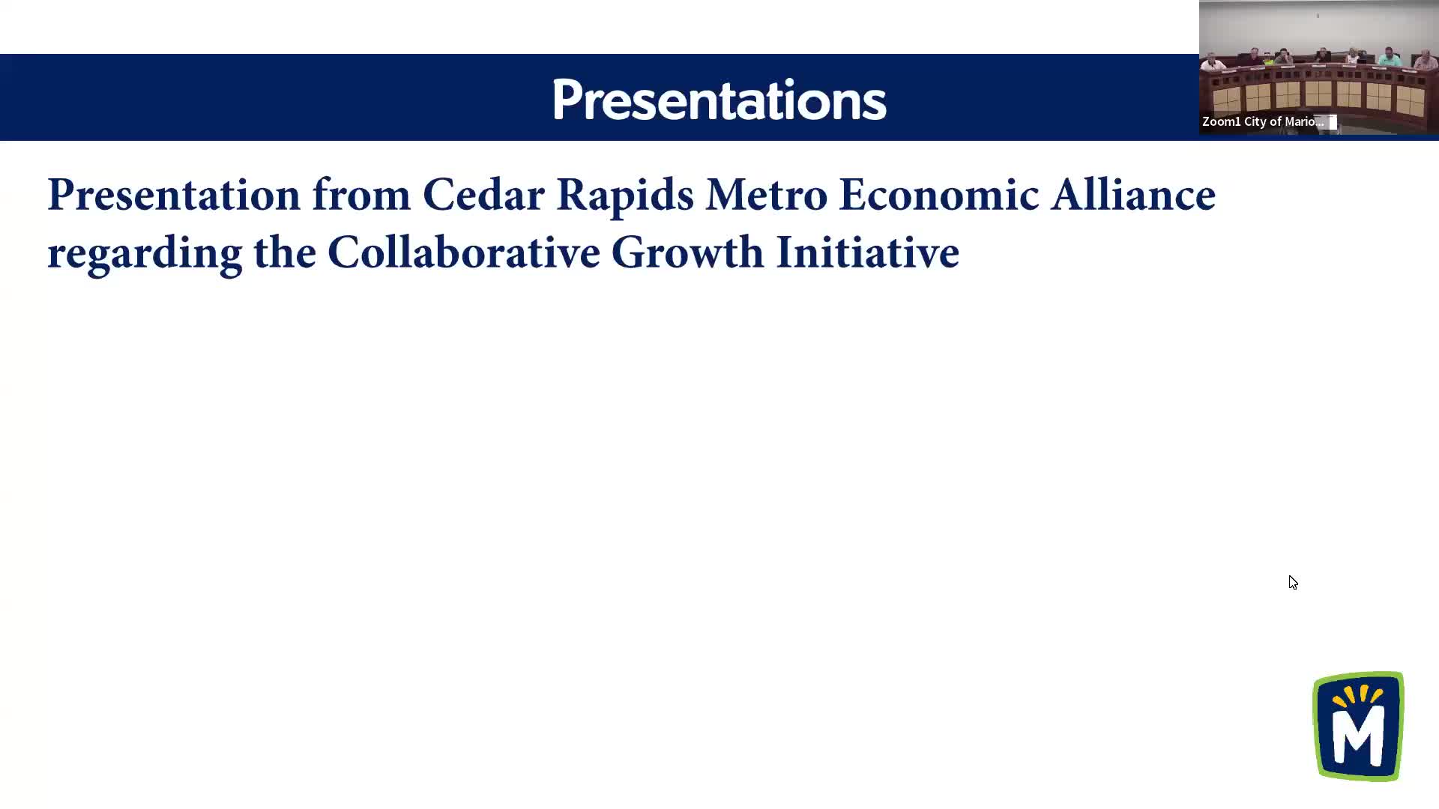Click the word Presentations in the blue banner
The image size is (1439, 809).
pyautogui.click(x=719, y=100)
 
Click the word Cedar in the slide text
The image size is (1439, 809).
pyautogui.click(x=483, y=195)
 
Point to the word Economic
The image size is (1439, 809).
pyautogui.click(x=938, y=195)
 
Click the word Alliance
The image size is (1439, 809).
pyautogui.click(x=1132, y=195)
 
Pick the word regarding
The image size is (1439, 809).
pyautogui.click(x=145, y=254)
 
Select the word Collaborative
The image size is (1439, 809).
pyautogui.click(x=464, y=252)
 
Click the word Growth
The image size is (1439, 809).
pyautogui.click(x=687, y=252)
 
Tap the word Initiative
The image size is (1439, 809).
pyautogui.click(x=867, y=252)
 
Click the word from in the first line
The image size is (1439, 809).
pyautogui.click(x=361, y=195)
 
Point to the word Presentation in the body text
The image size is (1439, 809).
pyautogui.click(x=174, y=195)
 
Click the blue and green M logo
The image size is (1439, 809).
pyautogui.click(x=1358, y=726)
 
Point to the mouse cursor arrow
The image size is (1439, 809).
pyautogui.click(x=1293, y=582)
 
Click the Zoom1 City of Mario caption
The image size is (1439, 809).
pyautogui.click(x=1263, y=121)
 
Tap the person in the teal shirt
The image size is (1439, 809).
pyautogui.click(x=1390, y=58)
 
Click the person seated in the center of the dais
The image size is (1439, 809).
pyautogui.click(x=1323, y=55)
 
